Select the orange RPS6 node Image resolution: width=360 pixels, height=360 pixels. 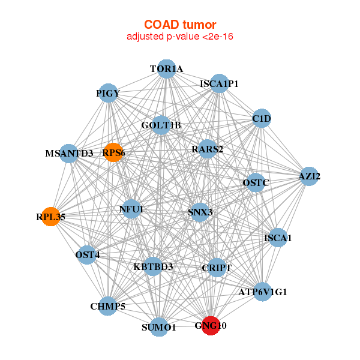click(x=113, y=152)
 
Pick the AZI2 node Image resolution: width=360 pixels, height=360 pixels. click(x=308, y=176)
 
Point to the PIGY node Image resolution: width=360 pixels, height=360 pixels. click(x=108, y=93)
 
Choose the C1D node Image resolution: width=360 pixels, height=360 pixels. click(x=262, y=118)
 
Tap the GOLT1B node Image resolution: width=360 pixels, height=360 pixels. click(x=161, y=125)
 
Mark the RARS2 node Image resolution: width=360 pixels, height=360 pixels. click(x=207, y=149)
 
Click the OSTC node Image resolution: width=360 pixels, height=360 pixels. click(x=256, y=182)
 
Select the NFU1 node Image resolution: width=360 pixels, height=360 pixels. click(x=131, y=209)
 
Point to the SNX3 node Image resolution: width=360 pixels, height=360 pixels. click(x=199, y=212)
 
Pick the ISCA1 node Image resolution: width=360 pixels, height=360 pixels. click(x=277, y=238)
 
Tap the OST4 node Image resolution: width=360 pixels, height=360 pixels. click(x=88, y=255)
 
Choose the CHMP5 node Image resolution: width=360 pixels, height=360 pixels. click(x=108, y=307)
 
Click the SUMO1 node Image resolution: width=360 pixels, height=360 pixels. click(x=159, y=327)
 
